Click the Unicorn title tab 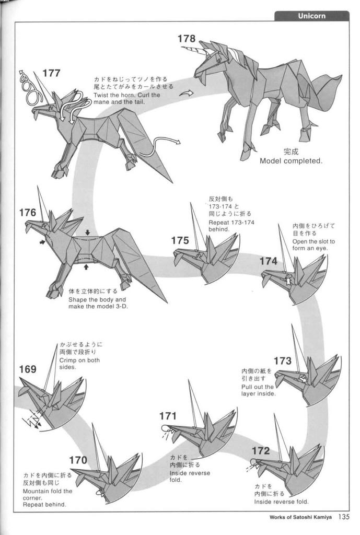pyautogui.click(x=311, y=16)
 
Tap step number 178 pyautogui.click(x=187, y=39)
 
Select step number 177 pyautogui.click(x=51, y=73)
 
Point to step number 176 pyautogui.click(x=27, y=213)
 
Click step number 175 pyautogui.click(x=180, y=240)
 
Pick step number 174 pyautogui.click(x=268, y=261)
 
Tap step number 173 pyautogui.click(x=283, y=360)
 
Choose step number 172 pyautogui.click(x=261, y=451)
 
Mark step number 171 pyautogui.click(x=168, y=416)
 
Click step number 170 pyautogui.click(x=78, y=460)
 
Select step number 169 pyautogui.click(x=28, y=369)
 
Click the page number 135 pyautogui.click(x=344, y=517)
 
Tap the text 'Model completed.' pyautogui.click(x=291, y=161)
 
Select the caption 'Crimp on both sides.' pyautogui.click(x=79, y=364)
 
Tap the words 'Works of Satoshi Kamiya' pyautogui.click(x=300, y=517)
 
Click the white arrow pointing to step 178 pyautogui.click(x=187, y=93)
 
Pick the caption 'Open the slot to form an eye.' pyautogui.click(x=313, y=245)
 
